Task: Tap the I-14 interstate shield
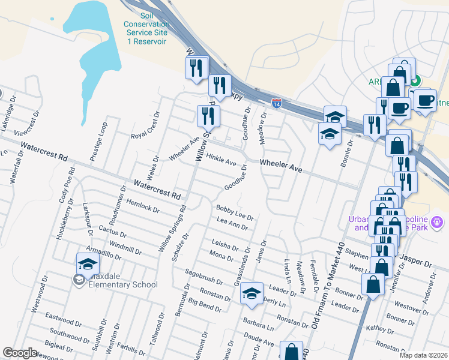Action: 276,103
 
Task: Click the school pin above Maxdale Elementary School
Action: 88,265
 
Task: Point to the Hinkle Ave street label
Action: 221,159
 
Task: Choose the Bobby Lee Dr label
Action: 235,211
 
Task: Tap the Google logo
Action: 20,353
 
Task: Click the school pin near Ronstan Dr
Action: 252,294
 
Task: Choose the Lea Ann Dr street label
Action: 232,224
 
